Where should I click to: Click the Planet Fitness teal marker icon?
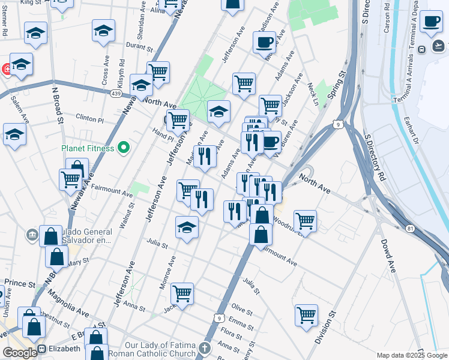(x=124, y=147)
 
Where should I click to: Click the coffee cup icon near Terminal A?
(x=430, y=22)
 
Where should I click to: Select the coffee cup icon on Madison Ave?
(x=264, y=43)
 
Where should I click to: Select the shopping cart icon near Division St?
(x=306, y=314)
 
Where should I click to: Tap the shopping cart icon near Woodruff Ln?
(x=306, y=220)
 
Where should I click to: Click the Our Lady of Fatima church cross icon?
(x=205, y=348)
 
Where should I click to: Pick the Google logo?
(x=19, y=353)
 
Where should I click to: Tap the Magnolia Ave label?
(x=68, y=302)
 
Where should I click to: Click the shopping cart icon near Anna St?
(x=182, y=293)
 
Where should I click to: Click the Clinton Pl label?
(x=89, y=118)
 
